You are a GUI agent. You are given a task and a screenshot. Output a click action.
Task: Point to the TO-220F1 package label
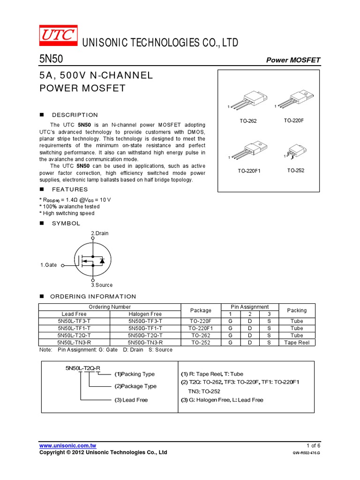249,171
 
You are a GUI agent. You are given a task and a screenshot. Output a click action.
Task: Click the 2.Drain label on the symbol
100,233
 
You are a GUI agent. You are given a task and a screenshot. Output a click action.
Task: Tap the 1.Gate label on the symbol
48,265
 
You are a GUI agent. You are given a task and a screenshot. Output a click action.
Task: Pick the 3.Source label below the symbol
102,285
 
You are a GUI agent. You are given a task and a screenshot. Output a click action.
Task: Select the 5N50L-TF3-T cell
74,321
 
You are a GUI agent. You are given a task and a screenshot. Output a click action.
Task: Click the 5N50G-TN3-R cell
145,343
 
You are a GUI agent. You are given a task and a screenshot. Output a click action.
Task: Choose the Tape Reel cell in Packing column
297,343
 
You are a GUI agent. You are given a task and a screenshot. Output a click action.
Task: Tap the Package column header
201,310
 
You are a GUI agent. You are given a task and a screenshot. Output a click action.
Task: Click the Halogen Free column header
145,314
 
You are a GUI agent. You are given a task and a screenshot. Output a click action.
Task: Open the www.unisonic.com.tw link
67,445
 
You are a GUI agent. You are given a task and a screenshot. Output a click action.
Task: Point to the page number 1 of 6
313,445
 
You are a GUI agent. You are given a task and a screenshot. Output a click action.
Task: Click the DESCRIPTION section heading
75,115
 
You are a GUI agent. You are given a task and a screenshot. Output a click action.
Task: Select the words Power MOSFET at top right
293,60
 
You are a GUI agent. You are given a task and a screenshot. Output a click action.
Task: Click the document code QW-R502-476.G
306,453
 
